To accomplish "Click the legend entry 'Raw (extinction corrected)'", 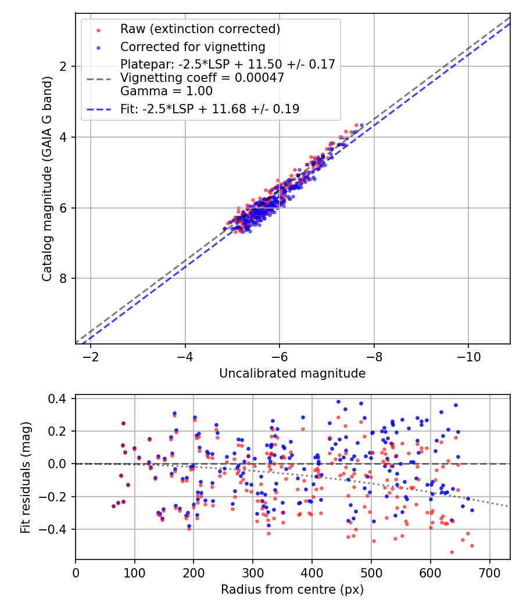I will pyautogui.click(x=200, y=29).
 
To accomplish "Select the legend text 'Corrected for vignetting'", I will pyautogui.click(x=192, y=46).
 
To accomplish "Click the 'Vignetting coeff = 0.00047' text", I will pyautogui.click(x=202, y=78).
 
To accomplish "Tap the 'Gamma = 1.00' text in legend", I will pyautogui.click(x=166, y=91).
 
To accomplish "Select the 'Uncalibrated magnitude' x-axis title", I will pyautogui.click(x=292, y=374).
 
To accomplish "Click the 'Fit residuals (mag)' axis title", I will pyautogui.click(x=25, y=478).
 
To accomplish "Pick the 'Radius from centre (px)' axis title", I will pyautogui.click(x=292, y=590).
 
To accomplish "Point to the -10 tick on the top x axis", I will pyautogui.click(x=468, y=356).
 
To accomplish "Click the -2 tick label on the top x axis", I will pyautogui.click(x=90, y=356).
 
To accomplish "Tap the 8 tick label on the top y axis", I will pyautogui.click(x=65, y=278).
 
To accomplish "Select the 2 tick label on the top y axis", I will pyautogui.click(x=65, y=66).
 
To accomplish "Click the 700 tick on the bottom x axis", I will pyautogui.click(x=489, y=572).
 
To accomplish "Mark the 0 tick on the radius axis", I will pyautogui.click(x=76, y=572).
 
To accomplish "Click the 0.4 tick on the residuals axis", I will pyautogui.click(x=60, y=399).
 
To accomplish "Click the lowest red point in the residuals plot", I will pyautogui.click(x=452, y=552).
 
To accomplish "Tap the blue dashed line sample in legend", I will pyautogui.click(x=98, y=109).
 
